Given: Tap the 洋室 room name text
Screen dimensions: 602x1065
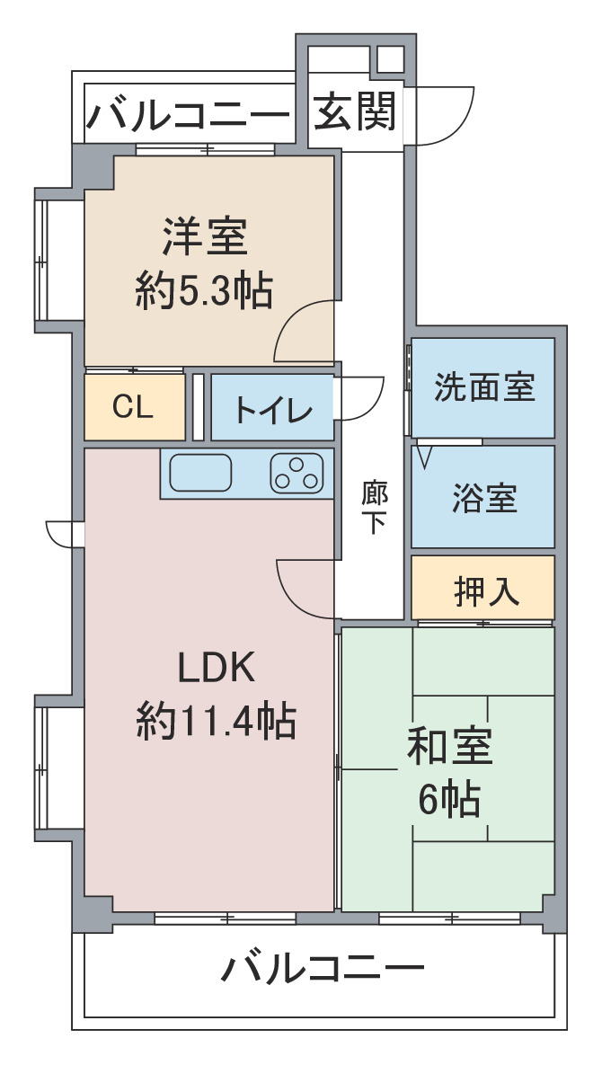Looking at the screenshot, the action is (205, 236).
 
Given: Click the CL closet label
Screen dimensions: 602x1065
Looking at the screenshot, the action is (133, 407).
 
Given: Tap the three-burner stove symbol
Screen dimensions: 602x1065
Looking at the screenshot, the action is (297, 473).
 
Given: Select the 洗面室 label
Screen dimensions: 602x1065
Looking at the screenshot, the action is (484, 387).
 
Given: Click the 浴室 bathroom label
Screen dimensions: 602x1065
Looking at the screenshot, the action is (484, 498).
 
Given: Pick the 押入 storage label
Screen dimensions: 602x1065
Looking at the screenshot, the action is (487, 590).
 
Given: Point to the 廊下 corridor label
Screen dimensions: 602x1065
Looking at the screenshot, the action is (374, 506).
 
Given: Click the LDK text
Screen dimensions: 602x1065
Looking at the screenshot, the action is (217, 669).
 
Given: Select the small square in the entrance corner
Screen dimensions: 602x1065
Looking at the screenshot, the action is (390, 60).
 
